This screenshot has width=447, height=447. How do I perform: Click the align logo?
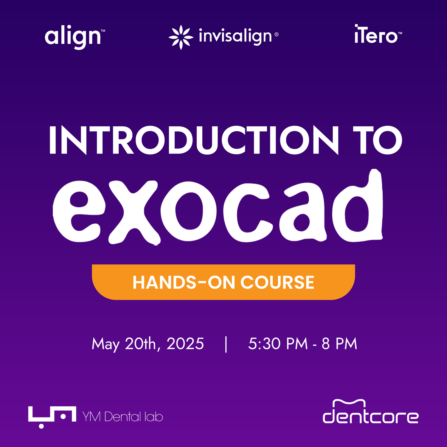[75, 37]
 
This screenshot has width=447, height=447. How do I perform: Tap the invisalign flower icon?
[181, 37]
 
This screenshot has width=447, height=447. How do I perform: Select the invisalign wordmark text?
[235, 37]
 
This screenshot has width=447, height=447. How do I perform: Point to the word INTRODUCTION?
[194, 140]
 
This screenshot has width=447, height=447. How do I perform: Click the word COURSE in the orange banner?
[277, 282]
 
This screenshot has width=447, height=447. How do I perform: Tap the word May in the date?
[105, 344]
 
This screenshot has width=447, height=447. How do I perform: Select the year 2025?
[185, 344]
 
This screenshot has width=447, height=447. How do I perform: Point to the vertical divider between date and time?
[226, 344]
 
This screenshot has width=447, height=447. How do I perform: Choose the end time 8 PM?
[339, 344]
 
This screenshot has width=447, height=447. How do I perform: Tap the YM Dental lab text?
[123, 416]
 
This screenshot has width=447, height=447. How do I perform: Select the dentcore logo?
[371, 412]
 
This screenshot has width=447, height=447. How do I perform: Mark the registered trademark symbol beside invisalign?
[276, 35]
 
